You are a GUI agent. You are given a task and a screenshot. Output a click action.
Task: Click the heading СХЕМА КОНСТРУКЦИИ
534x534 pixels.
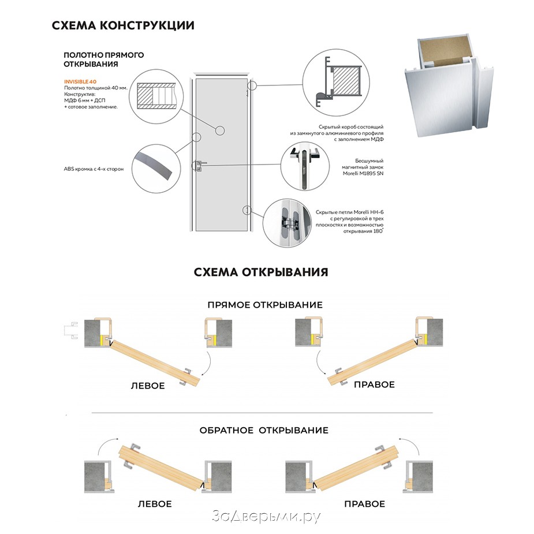[x=123, y=25]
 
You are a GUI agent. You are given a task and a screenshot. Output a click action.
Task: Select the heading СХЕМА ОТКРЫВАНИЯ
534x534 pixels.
[x=261, y=272]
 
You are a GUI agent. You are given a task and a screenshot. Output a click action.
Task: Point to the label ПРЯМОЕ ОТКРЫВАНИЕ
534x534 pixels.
[x=265, y=304]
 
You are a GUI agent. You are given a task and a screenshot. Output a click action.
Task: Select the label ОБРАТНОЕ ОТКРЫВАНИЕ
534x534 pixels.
[x=264, y=430]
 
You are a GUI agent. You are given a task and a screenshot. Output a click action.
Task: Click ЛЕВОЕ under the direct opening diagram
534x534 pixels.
[x=147, y=385]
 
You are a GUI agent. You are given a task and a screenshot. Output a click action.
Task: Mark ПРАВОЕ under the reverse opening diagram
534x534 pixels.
[x=364, y=504]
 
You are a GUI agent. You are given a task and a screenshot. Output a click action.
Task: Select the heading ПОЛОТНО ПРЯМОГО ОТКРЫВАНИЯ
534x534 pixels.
[x=104, y=59]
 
